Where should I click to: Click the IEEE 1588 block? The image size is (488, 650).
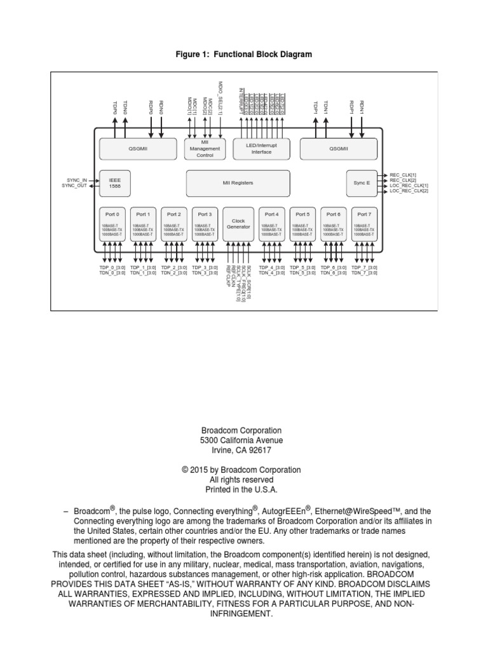(x=114, y=183)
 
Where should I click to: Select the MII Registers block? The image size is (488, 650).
(x=238, y=183)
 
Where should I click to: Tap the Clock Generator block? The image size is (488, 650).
(x=238, y=223)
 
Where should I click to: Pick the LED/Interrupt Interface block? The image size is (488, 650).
(x=261, y=149)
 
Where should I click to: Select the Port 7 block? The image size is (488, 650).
(x=363, y=223)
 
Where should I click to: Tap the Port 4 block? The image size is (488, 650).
(x=271, y=223)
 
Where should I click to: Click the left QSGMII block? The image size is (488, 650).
(x=138, y=149)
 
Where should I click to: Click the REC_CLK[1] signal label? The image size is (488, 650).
(x=404, y=175)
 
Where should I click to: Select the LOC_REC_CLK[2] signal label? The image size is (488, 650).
(x=409, y=191)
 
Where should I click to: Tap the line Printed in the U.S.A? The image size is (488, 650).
(x=244, y=490)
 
